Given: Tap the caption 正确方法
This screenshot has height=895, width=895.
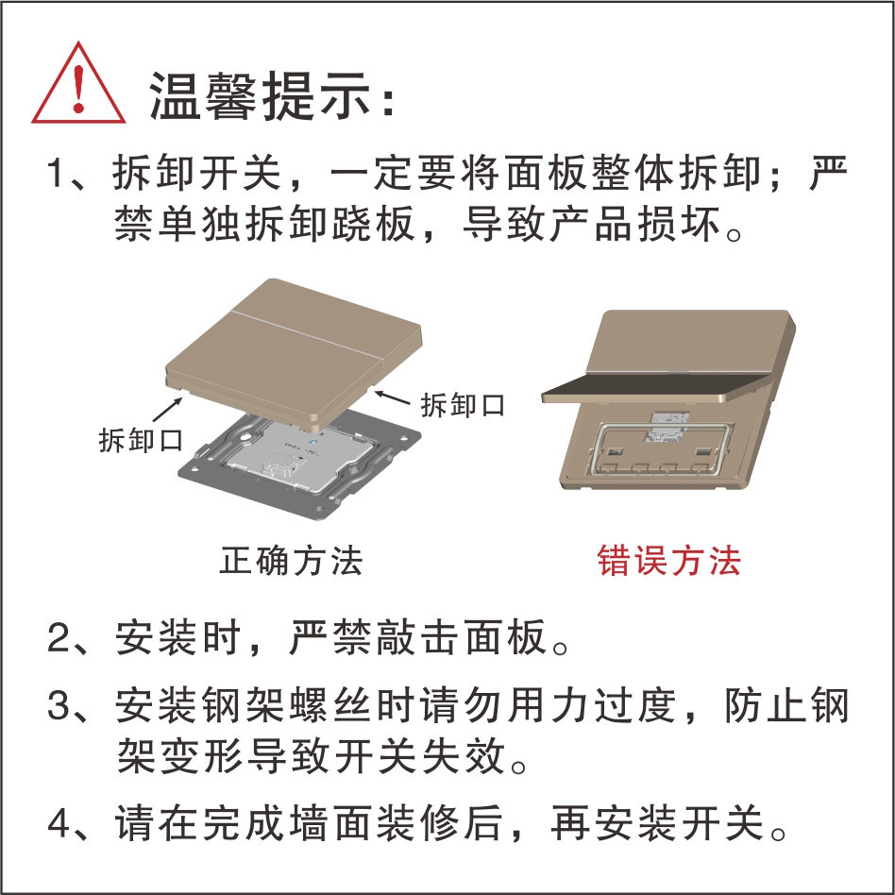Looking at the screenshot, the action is tap(291, 560).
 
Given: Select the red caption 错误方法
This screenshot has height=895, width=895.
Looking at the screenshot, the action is tap(669, 560).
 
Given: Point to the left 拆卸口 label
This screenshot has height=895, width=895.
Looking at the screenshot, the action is tap(141, 440).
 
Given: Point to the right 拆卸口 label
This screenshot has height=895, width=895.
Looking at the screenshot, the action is tap(463, 405).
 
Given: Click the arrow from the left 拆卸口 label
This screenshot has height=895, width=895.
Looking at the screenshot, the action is tap(168, 409).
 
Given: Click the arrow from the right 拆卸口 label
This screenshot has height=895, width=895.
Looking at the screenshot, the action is tap(392, 397).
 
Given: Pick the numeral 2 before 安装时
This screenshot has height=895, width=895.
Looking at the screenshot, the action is tap(59, 637).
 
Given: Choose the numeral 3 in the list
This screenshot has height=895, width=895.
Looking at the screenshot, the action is tap(59, 705).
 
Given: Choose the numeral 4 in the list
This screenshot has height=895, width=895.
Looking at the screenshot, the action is tap(59, 822).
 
